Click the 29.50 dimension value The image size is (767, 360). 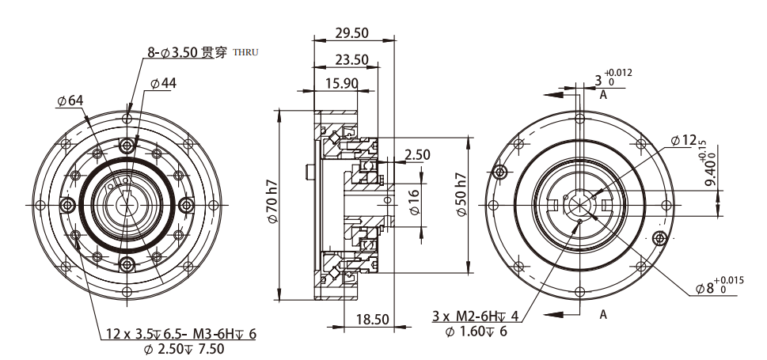pos(351,32)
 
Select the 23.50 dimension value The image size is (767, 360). pos(351,59)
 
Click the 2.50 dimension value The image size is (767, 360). pos(416,154)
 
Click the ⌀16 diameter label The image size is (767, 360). pos(414,203)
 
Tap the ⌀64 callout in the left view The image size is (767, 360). pos(70,100)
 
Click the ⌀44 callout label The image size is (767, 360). pos(162,83)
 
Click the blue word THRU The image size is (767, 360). pos(246,53)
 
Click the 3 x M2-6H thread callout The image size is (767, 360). pos(476,316)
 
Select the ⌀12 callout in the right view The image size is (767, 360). pos(683,140)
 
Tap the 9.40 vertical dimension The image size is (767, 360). pos(710,168)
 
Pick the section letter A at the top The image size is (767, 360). pos(603,95)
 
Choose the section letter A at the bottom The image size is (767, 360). pos(603,314)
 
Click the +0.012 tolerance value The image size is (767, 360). pos(618,73)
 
